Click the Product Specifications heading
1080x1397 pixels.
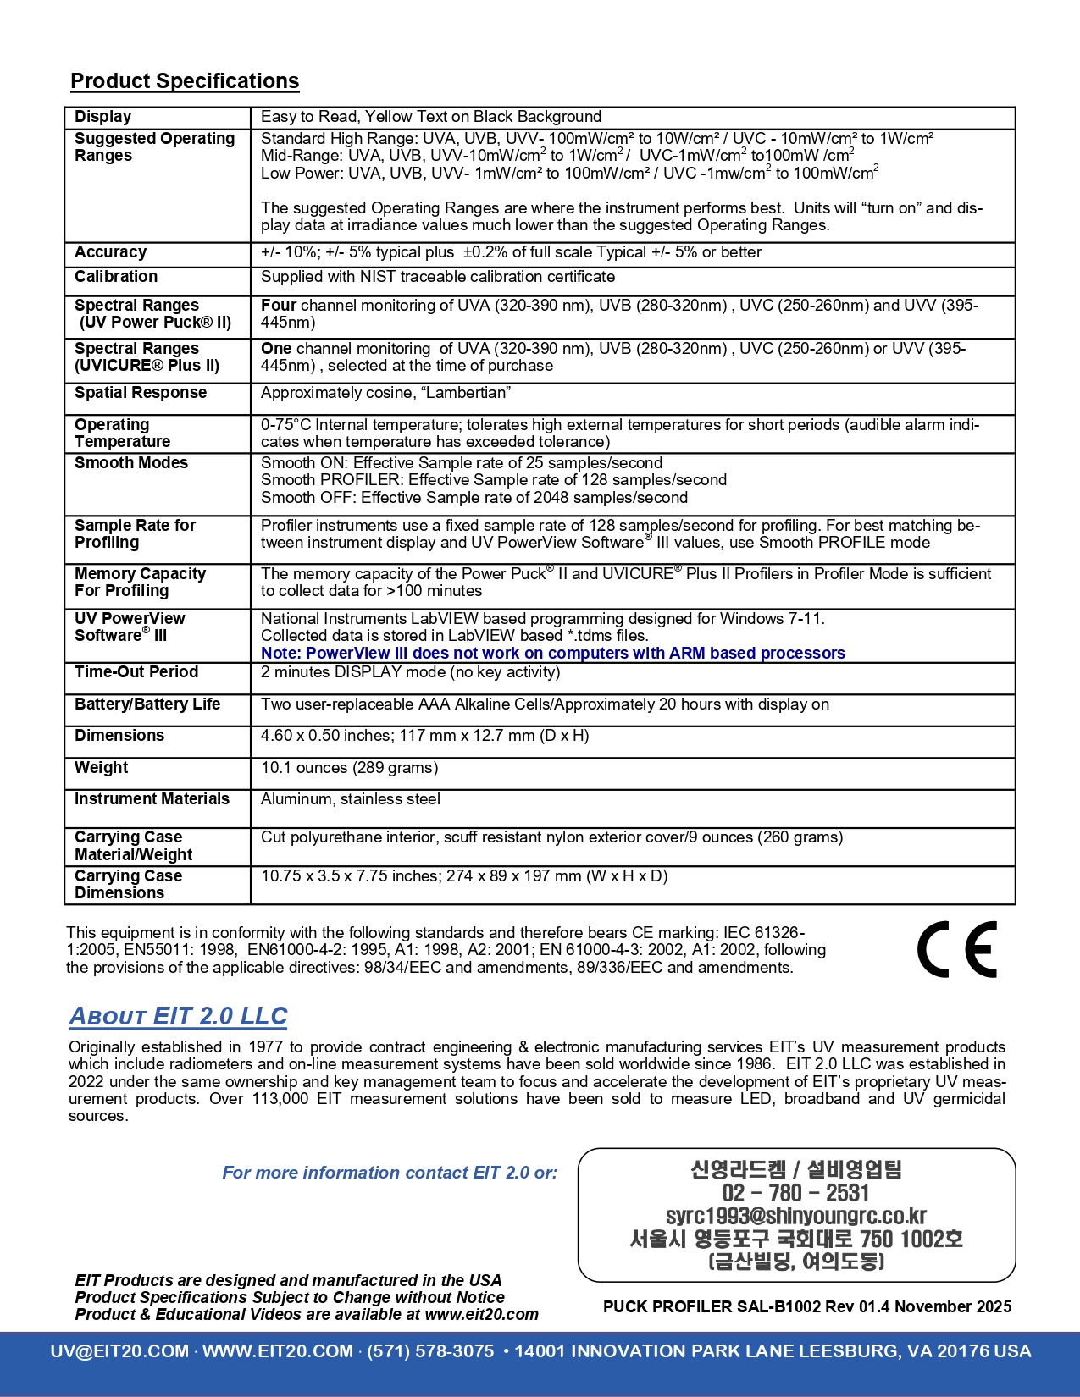[x=185, y=81]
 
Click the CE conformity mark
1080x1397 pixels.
[x=957, y=949]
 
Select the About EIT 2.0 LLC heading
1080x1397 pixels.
[x=178, y=1016]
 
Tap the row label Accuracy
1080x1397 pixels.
[x=110, y=252]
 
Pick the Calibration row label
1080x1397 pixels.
[x=116, y=277]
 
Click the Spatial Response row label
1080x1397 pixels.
[x=141, y=393]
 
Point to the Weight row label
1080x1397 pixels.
[x=101, y=768]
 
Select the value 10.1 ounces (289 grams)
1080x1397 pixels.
[x=349, y=768]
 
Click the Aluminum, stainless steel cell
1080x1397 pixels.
[x=351, y=799]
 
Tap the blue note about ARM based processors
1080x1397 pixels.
[x=552, y=654]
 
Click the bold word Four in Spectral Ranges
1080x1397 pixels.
[x=279, y=306]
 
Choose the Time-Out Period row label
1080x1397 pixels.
[x=136, y=672]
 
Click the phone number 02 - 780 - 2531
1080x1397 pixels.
[x=795, y=1193]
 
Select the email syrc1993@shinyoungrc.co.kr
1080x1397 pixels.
[x=795, y=1216]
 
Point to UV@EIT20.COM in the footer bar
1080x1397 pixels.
[x=119, y=1351]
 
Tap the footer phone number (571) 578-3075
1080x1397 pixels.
[x=430, y=1351]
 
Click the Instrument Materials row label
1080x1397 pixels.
[x=152, y=799]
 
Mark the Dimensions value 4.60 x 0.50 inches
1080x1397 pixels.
[x=327, y=736]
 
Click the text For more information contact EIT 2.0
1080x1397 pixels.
[x=390, y=1173]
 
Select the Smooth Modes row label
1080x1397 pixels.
[x=131, y=463]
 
